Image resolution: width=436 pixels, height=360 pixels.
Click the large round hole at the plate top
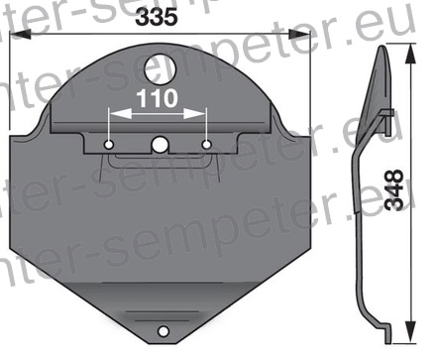(159, 68)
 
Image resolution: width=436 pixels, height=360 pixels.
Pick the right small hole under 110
(206, 146)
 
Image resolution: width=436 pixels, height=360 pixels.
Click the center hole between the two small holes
(159, 146)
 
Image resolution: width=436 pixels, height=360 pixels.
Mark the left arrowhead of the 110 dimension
(114, 114)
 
